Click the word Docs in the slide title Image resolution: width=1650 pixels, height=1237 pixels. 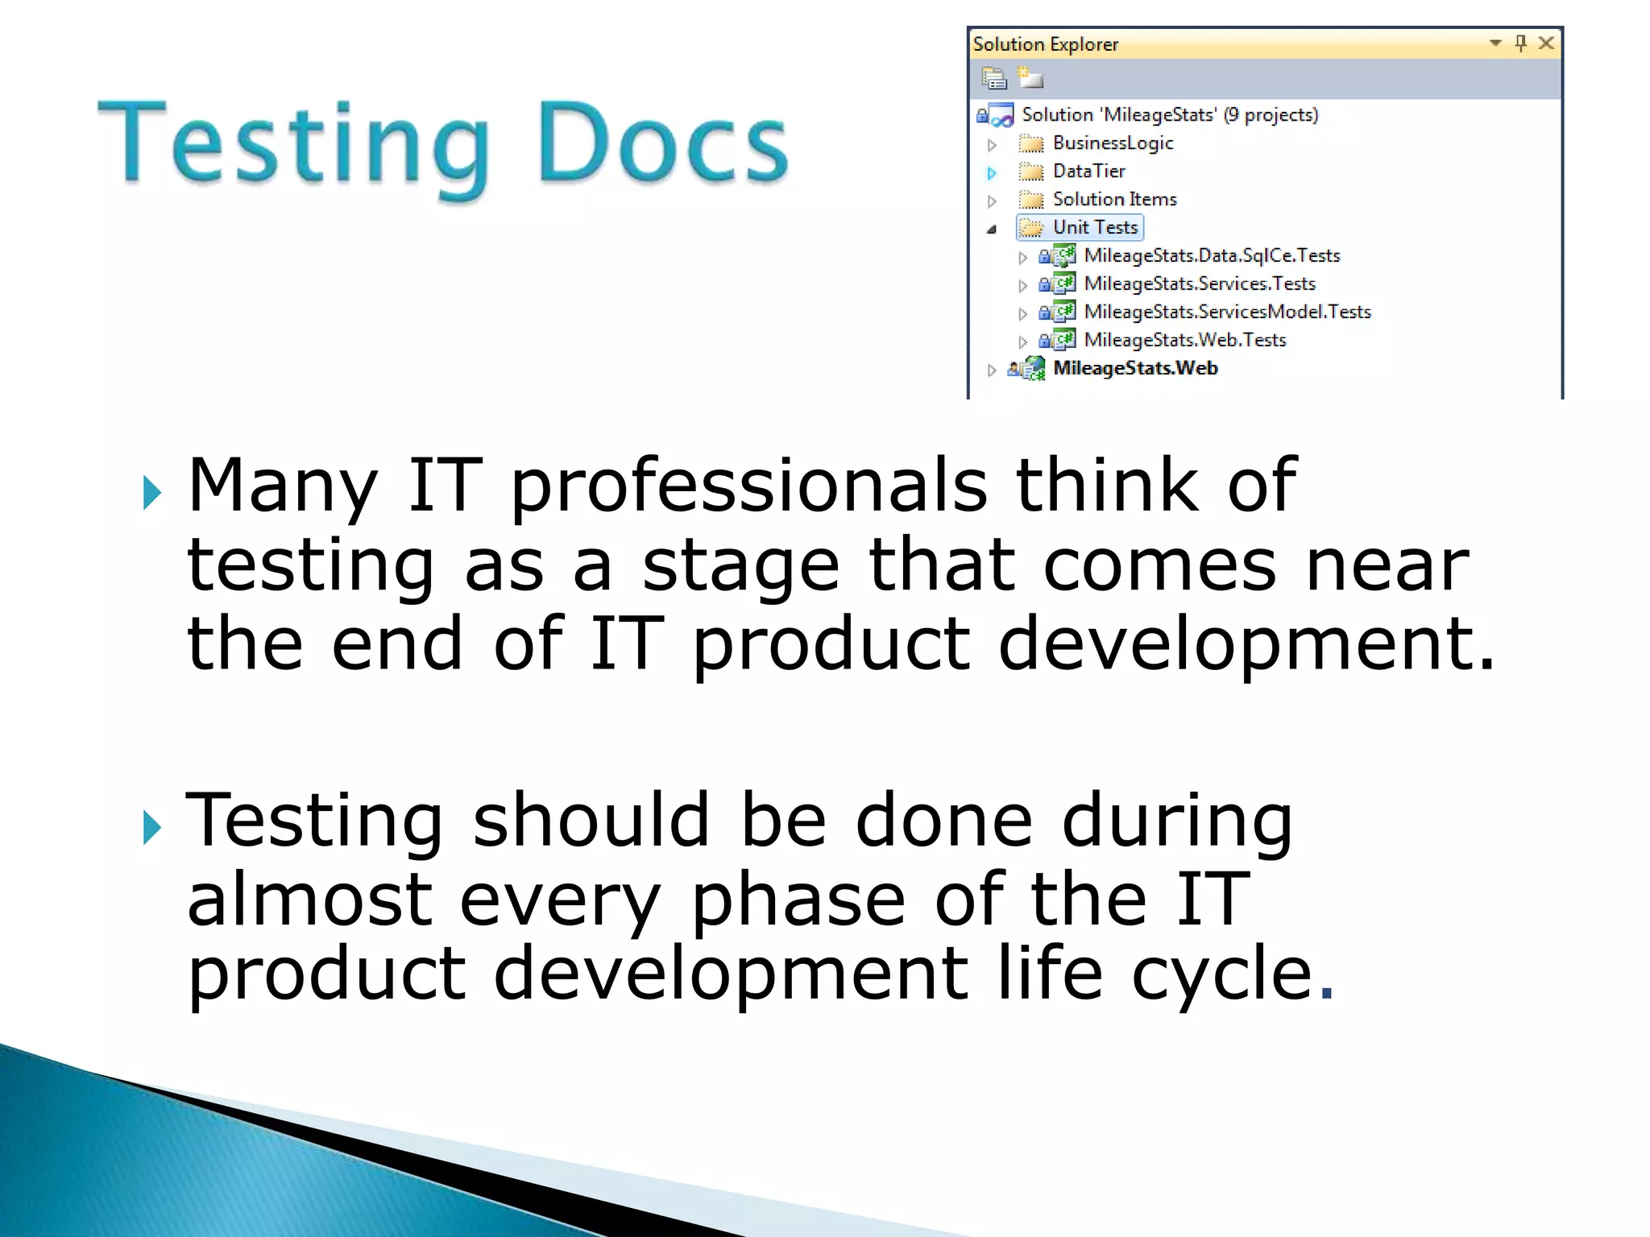pyautogui.click(x=662, y=143)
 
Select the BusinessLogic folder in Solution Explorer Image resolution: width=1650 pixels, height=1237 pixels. pyautogui.click(x=1112, y=143)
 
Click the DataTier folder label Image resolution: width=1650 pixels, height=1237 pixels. pyautogui.click(x=1088, y=172)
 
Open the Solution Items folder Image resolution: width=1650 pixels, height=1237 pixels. pyautogui.click(x=1113, y=200)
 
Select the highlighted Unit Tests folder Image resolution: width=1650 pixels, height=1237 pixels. pyautogui.click(x=1094, y=228)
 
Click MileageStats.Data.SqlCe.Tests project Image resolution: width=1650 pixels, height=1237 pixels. pyautogui.click(x=1211, y=256)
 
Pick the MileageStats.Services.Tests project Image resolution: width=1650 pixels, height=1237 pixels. pyautogui.click(x=1199, y=284)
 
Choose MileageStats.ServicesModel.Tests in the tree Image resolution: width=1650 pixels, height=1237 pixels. pyautogui.click(x=1226, y=312)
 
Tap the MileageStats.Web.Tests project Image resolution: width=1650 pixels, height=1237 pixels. pyautogui.click(x=1184, y=341)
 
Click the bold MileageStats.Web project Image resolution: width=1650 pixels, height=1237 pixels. pyautogui.click(x=1134, y=369)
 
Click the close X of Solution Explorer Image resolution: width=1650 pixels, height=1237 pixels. pyautogui.click(x=1545, y=43)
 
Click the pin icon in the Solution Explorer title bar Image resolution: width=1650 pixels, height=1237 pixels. pyautogui.click(x=1520, y=43)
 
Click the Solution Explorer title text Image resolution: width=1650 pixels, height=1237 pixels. pyautogui.click(x=1045, y=44)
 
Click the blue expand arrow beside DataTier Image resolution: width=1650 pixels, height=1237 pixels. pyautogui.click(x=992, y=172)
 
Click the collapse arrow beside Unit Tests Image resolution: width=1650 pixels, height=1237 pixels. pyautogui.click(x=992, y=230)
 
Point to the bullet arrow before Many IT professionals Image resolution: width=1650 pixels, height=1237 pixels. pyautogui.click(x=151, y=492)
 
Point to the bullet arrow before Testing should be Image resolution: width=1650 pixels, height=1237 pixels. pyautogui.click(x=151, y=827)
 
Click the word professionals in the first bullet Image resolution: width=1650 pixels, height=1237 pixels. pyautogui.click(x=748, y=486)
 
